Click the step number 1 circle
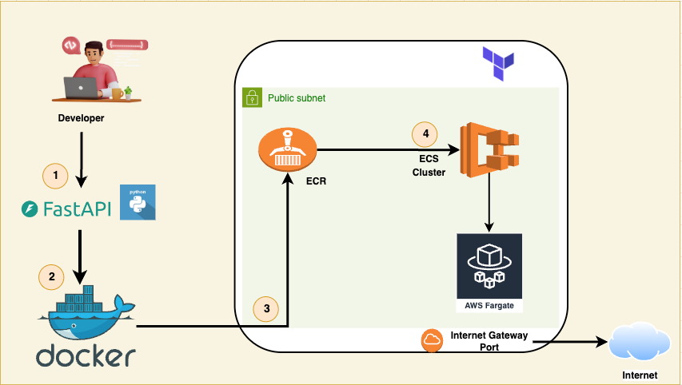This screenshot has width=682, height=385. click(55, 176)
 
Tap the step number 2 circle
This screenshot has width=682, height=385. click(51, 277)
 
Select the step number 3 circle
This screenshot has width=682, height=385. click(266, 309)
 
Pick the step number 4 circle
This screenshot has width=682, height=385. click(425, 134)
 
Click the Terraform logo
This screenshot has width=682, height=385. click(498, 64)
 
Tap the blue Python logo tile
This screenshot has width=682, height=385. click(138, 202)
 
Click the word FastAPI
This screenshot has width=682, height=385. click(78, 209)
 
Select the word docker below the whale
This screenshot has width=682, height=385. click(86, 355)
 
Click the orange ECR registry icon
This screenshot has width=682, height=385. click(288, 150)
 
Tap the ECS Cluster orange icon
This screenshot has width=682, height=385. click(490, 150)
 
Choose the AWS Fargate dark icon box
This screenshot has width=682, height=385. click(489, 272)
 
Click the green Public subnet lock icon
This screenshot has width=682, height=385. click(253, 97)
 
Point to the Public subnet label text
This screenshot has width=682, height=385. click(297, 98)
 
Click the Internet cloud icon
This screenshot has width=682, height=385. click(640, 341)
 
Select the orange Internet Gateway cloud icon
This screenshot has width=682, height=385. click(432, 340)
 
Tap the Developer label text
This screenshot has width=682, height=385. click(82, 118)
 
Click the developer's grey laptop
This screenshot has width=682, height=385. click(82, 88)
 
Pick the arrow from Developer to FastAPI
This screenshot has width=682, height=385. click(82, 160)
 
